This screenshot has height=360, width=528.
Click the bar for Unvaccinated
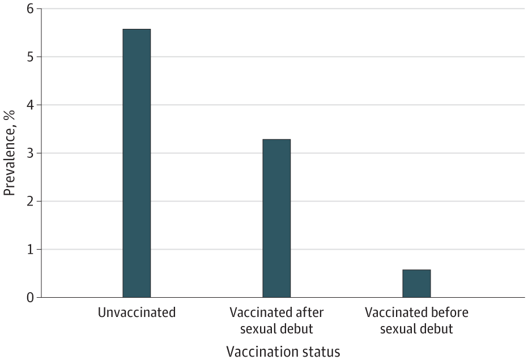click(x=137, y=163)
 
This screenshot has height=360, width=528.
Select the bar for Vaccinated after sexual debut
click(x=276, y=218)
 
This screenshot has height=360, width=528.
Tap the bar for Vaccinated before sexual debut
click(x=416, y=283)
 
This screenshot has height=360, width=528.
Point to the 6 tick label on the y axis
click(x=30, y=8)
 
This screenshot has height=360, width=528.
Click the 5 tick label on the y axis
click(x=30, y=57)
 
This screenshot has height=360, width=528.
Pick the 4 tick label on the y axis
click(x=30, y=105)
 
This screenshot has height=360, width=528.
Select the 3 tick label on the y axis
click(x=30, y=153)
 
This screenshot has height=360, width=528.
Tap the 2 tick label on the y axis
click(x=30, y=201)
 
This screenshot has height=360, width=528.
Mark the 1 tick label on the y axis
click(x=30, y=249)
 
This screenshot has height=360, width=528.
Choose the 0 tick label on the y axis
click(x=30, y=297)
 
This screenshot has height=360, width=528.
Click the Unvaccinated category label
click(x=137, y=312)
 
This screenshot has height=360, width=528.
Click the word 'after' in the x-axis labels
click(x=308, y=312)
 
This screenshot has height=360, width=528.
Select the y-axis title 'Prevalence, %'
click(x=10, y=153)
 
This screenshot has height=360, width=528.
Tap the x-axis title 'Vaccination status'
click(x=283, y=352)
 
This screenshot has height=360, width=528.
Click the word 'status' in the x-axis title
click(x=321, y=352)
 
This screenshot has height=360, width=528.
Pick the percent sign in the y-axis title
click(x=10, y=115)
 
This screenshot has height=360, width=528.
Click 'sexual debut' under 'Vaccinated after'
click(x=276, y=328)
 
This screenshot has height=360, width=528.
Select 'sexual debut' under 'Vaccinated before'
click(x=416, y=328)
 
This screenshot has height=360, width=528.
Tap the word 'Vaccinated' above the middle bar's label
click(x=258, y=312)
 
